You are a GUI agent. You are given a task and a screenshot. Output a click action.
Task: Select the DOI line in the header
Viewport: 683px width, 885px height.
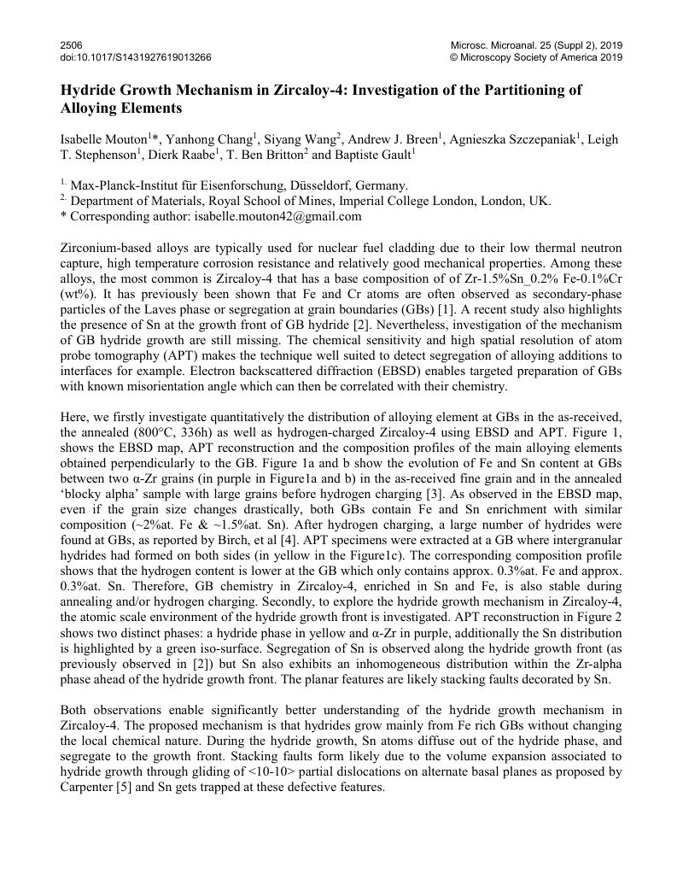pyautogui.click(x=136, y=57)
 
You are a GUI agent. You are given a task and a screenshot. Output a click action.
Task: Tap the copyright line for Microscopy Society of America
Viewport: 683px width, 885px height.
pyautogui.click(x=536, y=57)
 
